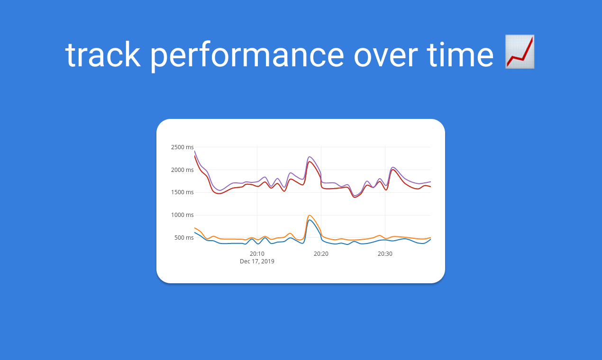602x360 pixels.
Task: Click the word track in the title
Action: [x=103, y=54]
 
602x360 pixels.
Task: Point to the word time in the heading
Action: [x=460, y=54]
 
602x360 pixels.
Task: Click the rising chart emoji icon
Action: [x=520, y=52]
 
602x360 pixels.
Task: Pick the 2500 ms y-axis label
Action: [x=182, y=147]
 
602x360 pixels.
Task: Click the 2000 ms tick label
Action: [x=182, y=170]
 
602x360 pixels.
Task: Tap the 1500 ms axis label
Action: [x=182, y=192]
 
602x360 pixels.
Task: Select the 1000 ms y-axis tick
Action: [x=182, y=215]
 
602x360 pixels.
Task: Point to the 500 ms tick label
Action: [x=184, y=238]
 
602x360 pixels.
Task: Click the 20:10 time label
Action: [x=257, y=254]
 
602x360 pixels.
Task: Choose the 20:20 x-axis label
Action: [x=321, y=254]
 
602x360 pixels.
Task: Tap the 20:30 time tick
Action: [x=385, y=254]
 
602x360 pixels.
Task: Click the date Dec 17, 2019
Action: [x=257, y=261]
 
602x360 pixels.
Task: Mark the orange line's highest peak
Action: [x=310, y=215]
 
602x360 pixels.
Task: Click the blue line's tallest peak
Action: [x=310, y=220]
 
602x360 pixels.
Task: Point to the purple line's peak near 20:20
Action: [x=310, y=157]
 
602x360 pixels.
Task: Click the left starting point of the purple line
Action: [x=194, y=151]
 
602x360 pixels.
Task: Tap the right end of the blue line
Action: [x=430, y=239]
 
